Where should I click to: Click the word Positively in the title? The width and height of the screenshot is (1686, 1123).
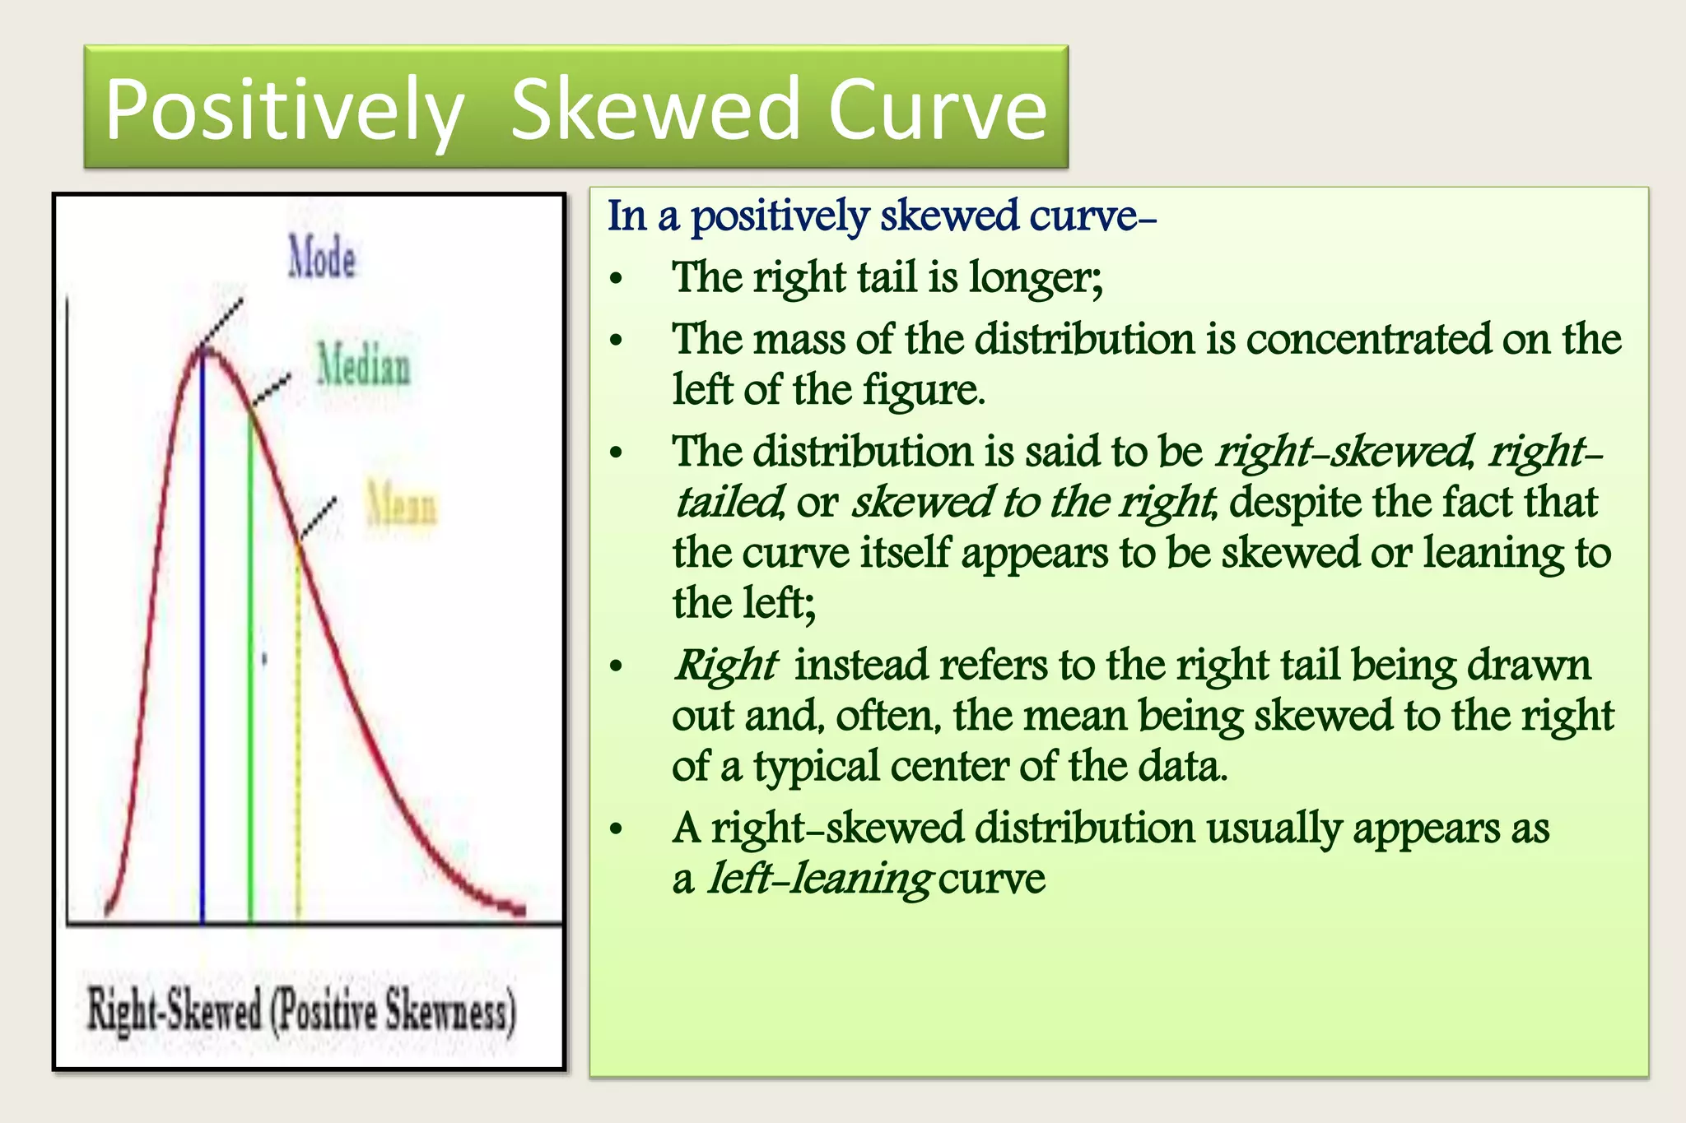pyautogui.click(x=284, y=110)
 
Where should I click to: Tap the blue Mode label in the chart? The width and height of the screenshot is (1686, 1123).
pyautogui.click(x=322, y=258)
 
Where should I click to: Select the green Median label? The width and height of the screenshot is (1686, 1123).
pyautogui.click(x=364, y=366)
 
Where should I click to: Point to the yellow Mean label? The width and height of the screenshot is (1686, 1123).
pyautogui.click(x=402, y=503)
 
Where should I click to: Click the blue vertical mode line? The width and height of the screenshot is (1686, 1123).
pyautogui.click(x=203, y=642)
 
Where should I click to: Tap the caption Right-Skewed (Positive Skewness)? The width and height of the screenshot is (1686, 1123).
pyautogui.click(x=302, y=1009)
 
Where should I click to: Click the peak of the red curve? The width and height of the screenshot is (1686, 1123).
pyautogui.click(x=206, y=350)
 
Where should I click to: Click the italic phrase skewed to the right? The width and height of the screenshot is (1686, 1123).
pyautogui.click(x=1032, y=502)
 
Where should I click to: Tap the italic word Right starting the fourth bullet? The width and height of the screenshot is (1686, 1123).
pyautogui.click(x=725, y=665)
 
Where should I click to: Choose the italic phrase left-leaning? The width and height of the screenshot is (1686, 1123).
pyautogui.click(x=820, y=879)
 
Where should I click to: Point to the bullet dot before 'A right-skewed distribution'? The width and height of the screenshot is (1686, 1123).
pyautogui.click(x=617, y=830)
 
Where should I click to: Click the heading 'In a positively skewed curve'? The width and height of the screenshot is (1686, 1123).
pyautogui.click(x=881, y=216)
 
